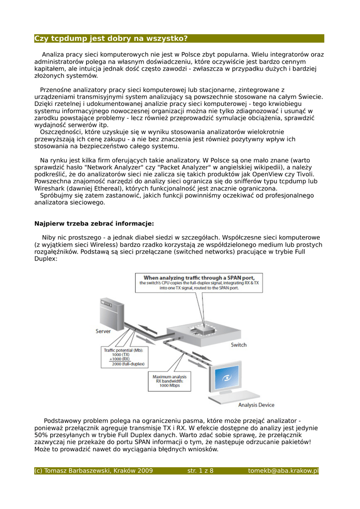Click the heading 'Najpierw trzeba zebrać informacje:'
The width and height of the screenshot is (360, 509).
[x=94, y=224]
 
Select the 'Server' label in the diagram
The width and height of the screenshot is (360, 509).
[x=104, y=331]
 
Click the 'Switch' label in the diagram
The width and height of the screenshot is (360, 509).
[x=238, y=345]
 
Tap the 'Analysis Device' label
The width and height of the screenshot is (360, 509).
[x=256, y=405]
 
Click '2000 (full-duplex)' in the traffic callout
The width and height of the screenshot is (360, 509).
[x=128, y=364]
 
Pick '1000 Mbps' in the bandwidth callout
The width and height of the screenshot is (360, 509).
[x=170, y=386]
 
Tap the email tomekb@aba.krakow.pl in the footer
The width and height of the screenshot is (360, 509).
[x=283, y=471]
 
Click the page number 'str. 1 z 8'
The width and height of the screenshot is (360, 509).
[x=200, y=471]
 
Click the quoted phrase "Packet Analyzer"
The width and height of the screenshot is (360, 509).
[x=187, y=168]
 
